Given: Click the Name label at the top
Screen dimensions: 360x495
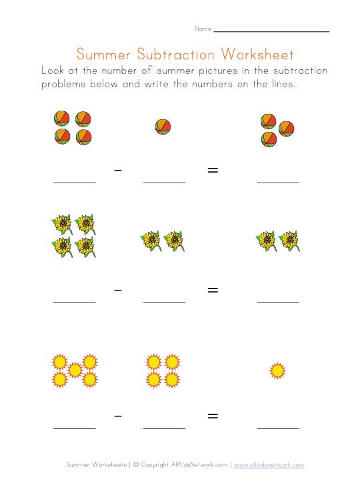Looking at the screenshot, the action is tap(203, 29).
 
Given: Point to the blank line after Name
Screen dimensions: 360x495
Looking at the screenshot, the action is tap(271, 31).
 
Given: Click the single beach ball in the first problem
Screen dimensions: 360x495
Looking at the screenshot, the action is tap(163, 127).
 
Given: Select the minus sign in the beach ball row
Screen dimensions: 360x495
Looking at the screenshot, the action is tap(118, 171).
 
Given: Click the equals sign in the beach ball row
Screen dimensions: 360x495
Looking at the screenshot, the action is tap(213, 171).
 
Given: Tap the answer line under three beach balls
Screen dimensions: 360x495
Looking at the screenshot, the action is tap(278, 182).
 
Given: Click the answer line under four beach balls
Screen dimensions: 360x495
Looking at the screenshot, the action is tap(74, 182).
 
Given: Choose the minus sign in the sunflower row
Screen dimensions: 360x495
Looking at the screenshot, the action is tap(118, 290).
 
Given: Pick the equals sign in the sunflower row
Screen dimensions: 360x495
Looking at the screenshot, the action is tap(213, 290).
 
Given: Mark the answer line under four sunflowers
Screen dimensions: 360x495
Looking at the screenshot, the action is tap(74, 302).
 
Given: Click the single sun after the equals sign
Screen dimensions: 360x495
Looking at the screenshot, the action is tap(277, 370).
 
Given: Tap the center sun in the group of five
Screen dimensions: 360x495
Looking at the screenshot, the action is tap(75, 370).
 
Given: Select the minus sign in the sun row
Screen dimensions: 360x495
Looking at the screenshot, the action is tap(118, 416).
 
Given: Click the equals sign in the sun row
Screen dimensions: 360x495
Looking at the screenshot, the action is tap(213, 416).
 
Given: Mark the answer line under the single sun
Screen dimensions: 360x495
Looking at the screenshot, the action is tap(278, 428).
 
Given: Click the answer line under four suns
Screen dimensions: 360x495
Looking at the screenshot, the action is tap(164, 428).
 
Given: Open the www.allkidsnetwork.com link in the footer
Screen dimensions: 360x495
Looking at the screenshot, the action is tap(269, 464).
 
